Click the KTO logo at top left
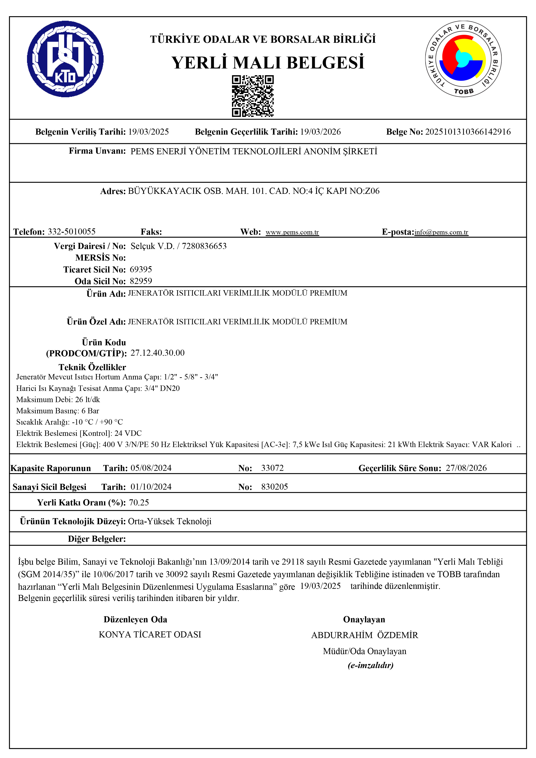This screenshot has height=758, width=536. (65, 59)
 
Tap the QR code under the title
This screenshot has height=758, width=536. (253, 96)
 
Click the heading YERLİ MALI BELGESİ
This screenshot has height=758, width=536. (268, 62)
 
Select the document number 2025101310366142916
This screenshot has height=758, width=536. (468, 132)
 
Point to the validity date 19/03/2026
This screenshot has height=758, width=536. (320, 132)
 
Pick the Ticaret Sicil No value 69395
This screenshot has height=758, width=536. (141, 269)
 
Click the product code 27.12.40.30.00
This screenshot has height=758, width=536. (158, 353)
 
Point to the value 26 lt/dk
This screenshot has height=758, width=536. (88, 400)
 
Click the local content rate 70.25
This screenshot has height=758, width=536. (139, 502)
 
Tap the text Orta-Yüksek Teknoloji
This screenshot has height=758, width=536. (170, 521)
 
